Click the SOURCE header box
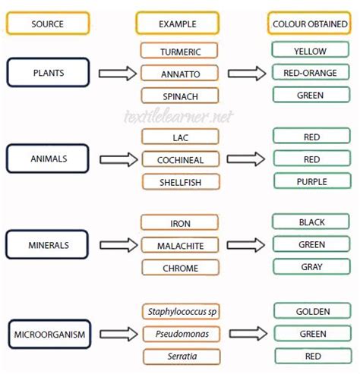click(47, 24)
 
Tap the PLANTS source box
click(48, 73)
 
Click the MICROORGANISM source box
click(48, 334)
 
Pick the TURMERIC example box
click(180, 51)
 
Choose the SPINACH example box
click(180, 96)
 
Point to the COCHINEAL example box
click(180, 159)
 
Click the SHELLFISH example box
click(180, 181)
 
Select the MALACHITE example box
click(180, 245)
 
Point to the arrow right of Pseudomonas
click(248, 334)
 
